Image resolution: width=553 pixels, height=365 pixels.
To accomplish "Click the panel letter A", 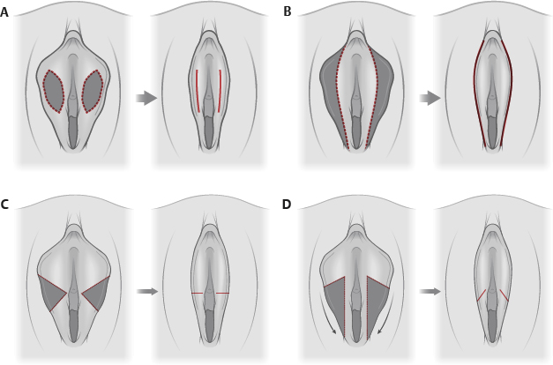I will coord(5,11).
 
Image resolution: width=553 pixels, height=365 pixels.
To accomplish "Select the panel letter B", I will coord(288,11).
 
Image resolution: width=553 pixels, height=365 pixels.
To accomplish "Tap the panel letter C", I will coord(5,205).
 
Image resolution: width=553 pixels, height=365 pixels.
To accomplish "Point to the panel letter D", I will coord(288,205).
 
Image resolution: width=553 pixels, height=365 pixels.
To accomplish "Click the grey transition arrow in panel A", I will coord(146,98).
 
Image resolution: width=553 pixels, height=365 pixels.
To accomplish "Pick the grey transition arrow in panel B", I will coord(430,98).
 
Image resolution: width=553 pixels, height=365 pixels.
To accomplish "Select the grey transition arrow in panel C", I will coord(147,291).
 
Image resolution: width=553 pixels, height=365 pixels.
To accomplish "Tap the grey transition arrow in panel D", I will coord(430,291).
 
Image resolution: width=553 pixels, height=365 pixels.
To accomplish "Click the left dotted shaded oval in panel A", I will coord(54,91).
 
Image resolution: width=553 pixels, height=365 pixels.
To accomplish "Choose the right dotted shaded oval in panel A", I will coord(93,91).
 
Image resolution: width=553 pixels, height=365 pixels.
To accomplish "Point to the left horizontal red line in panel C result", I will coord(198,293).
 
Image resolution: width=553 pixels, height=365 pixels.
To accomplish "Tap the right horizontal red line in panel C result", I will coord(222,293).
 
